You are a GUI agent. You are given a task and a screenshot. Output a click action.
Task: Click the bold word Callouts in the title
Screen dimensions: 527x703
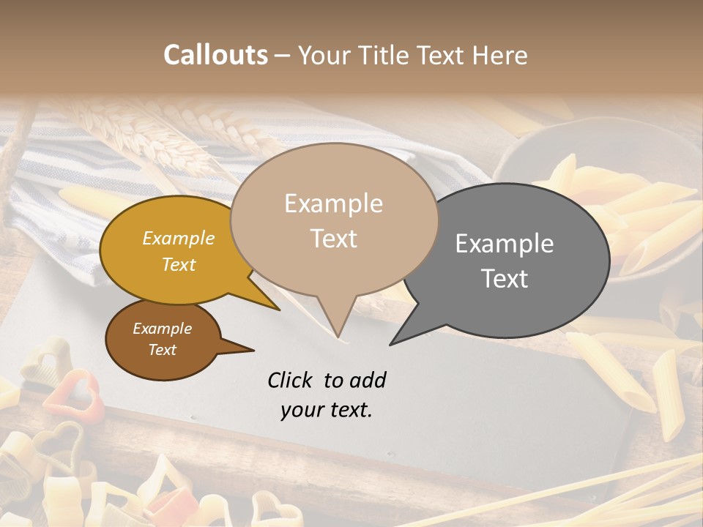point(215,55)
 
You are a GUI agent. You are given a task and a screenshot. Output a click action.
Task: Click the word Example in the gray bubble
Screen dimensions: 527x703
point(505,244)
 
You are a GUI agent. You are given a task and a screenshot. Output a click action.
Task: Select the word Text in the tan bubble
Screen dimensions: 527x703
point(334,239)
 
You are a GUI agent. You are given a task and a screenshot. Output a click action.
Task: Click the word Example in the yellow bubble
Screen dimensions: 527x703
point(179,238)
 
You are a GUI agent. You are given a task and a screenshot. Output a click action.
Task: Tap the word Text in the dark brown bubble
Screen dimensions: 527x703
point(163,350)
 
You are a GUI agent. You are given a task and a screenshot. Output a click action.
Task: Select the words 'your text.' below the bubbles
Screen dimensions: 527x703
point(327,410)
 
